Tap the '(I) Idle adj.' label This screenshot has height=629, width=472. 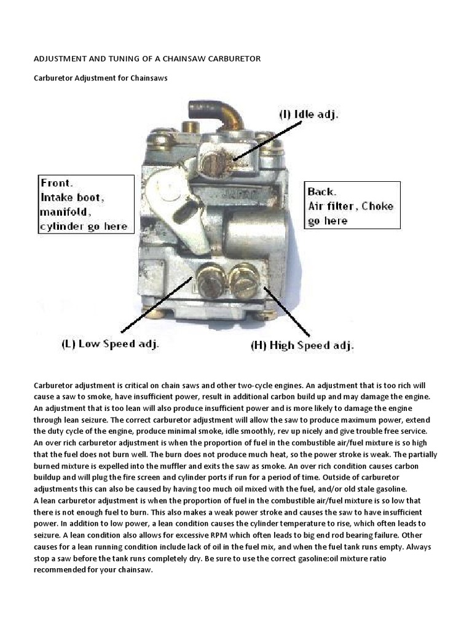[309, 114]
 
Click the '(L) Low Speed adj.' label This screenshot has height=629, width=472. [110, 344]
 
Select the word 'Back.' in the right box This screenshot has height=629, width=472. [322, 192]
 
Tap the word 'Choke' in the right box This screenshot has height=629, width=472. [377, 206]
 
